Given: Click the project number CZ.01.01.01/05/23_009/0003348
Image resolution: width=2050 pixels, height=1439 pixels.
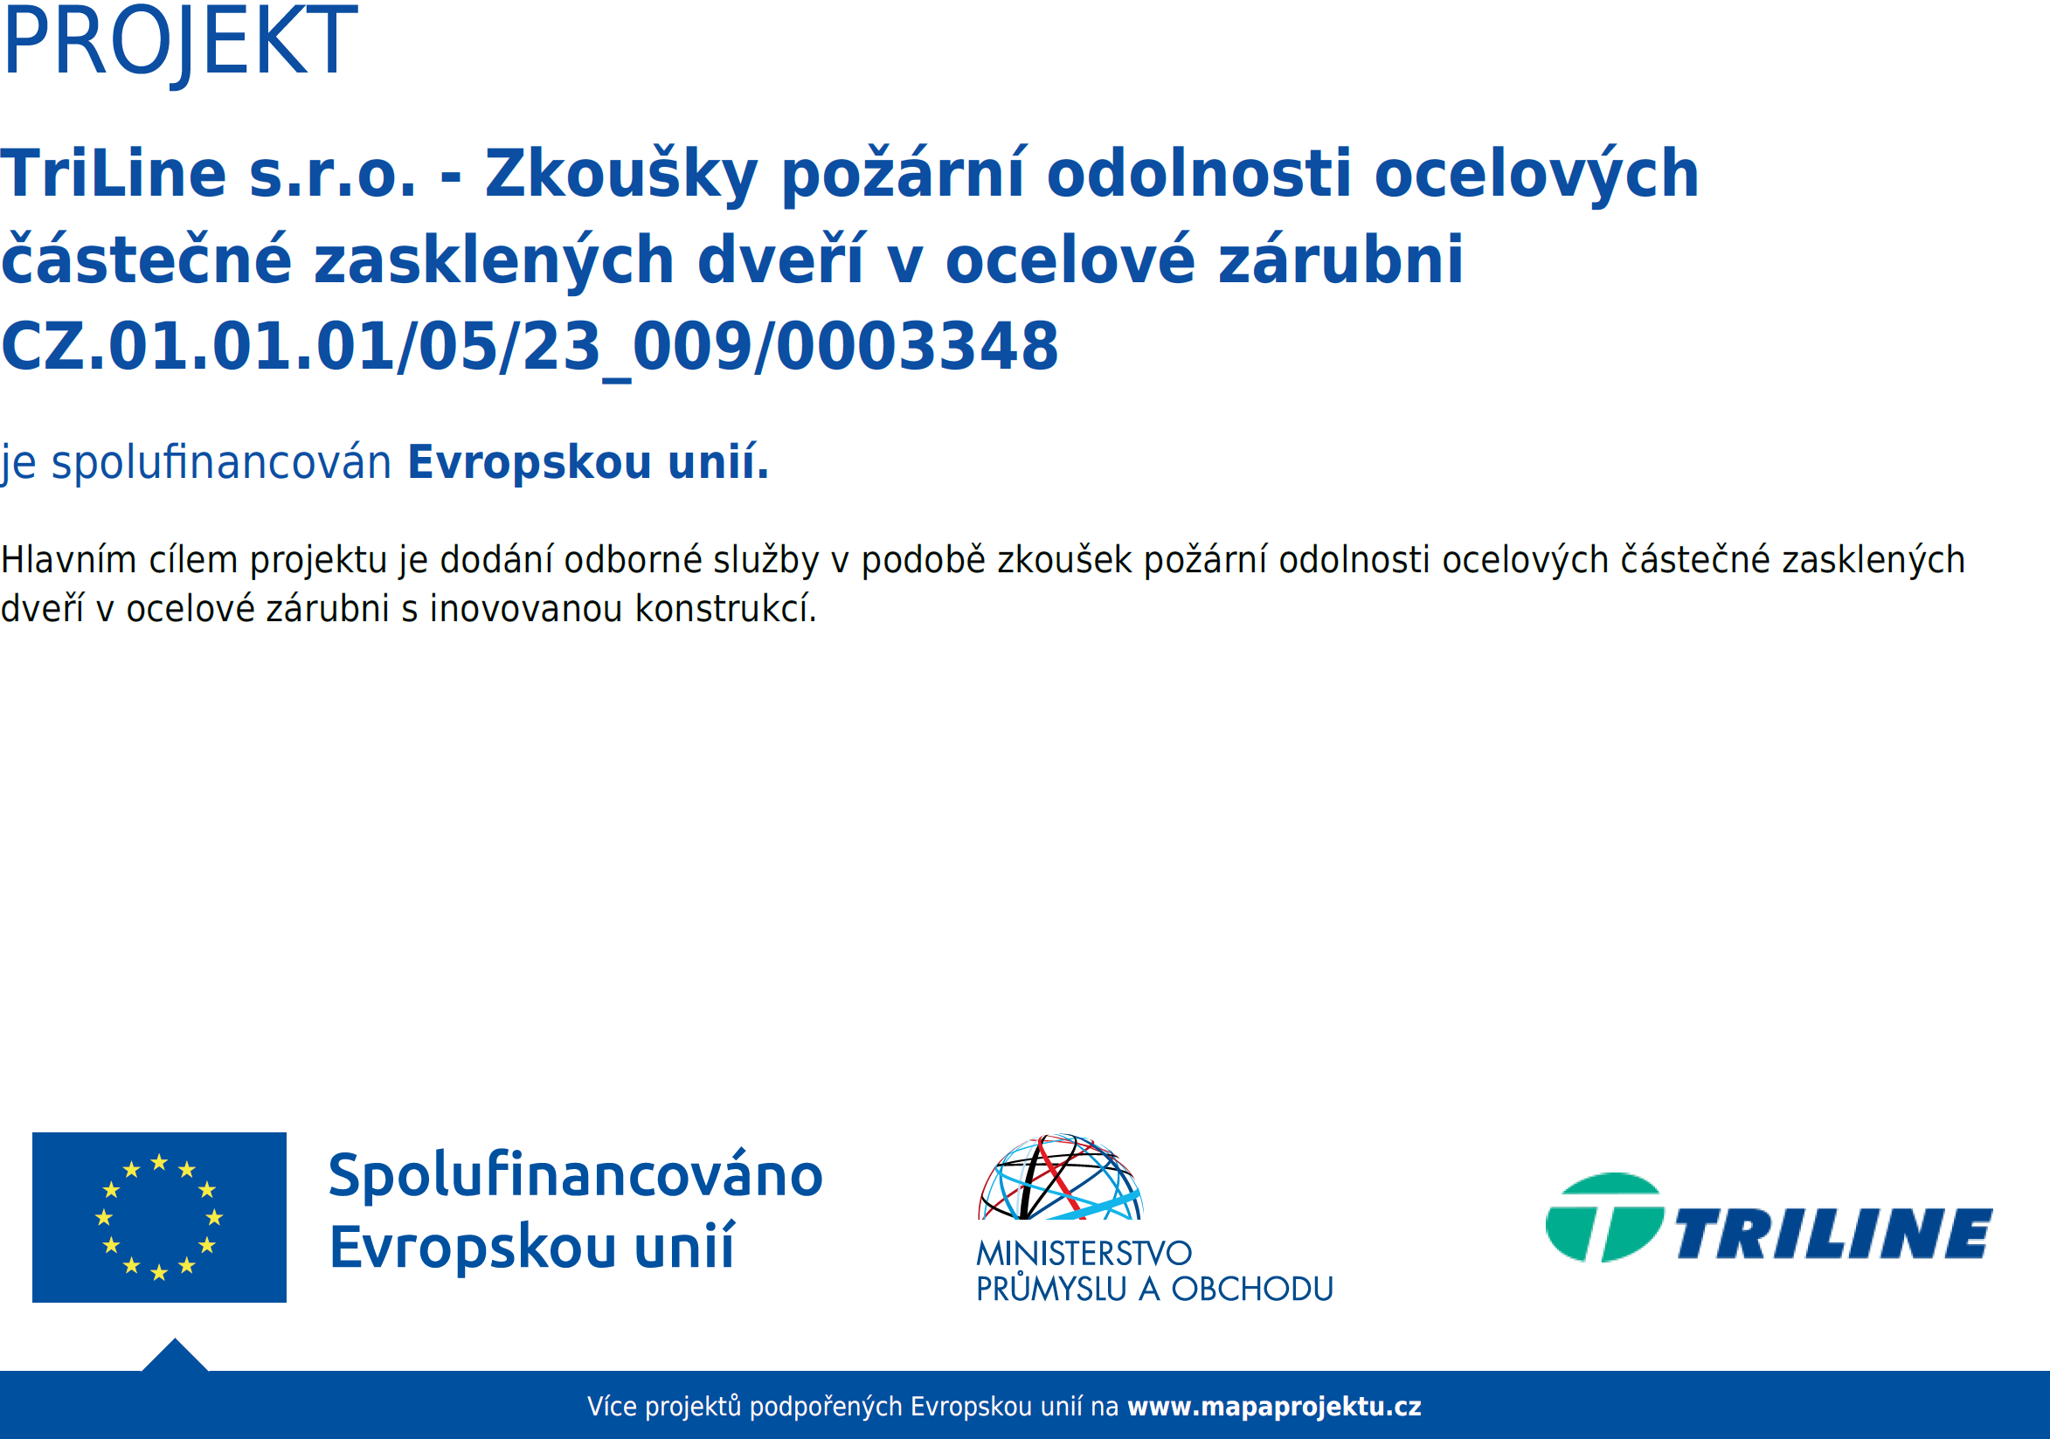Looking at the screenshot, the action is [530, 347].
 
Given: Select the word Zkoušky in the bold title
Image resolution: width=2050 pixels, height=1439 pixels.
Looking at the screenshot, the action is [621, 175].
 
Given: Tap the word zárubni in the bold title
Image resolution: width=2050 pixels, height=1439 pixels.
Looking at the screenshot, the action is [1341, 259].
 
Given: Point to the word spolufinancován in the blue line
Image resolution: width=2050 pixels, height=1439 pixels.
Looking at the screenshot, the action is [221, 462].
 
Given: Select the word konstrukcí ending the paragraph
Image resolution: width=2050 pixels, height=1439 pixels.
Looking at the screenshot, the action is [726, 609].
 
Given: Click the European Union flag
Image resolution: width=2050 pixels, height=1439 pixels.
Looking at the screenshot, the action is [159, 1217].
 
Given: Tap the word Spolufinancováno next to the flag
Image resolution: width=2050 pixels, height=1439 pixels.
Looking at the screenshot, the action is [576, 1175].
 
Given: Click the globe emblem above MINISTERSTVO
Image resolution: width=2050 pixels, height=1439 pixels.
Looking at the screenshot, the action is [1061, 1177].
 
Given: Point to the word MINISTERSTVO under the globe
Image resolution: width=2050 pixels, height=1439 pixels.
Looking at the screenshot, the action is [1084, 1253].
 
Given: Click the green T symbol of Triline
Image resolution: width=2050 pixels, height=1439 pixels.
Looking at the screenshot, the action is [1604, 1217].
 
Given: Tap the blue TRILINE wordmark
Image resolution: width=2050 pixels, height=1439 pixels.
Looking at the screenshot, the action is [1834, 1234].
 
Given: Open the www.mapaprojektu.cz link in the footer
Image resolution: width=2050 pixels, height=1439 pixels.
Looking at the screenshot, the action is [1274, 1407].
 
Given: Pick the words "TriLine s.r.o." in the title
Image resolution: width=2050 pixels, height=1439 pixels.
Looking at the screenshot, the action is [209, 173].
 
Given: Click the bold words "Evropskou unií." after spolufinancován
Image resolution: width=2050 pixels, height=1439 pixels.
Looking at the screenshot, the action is [588, 462].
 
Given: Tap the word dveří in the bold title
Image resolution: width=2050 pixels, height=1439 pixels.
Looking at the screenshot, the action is [780, 259].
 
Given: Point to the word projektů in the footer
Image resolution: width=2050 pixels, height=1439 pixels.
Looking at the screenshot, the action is [693, 1408].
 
